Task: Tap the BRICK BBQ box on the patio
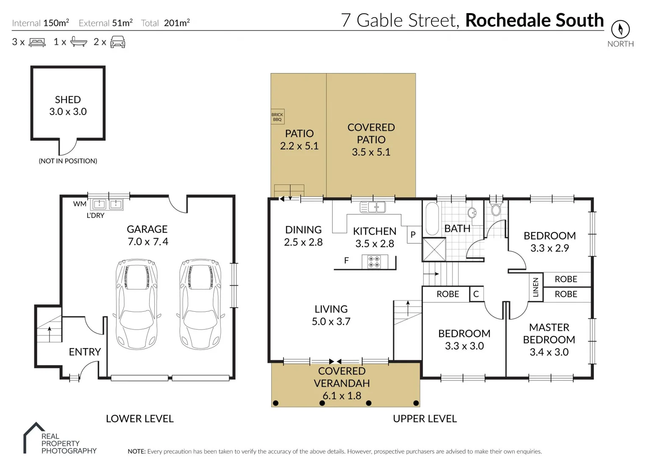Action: [x=277, y=117]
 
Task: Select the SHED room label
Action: [x=68, y=100]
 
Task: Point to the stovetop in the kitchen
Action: [x=374, y=262]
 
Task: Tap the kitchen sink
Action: [x=373, y=207]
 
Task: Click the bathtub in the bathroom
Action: [x=432, y=218]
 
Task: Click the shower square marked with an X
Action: [x=434, y=249]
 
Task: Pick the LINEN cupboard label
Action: [x=536, y=287]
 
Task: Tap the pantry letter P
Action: [x=413, y=235]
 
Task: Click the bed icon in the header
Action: [x=37, y=42]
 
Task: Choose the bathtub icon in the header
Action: [x=79, y=42]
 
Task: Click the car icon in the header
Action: [x=118, y=42]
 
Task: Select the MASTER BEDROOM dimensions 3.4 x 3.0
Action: [x=549, y=352]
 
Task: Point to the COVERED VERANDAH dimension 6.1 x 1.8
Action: [x=342, y=396]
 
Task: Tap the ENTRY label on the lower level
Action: [x=85, y=352]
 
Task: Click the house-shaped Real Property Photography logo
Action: [x=34, y=437]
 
